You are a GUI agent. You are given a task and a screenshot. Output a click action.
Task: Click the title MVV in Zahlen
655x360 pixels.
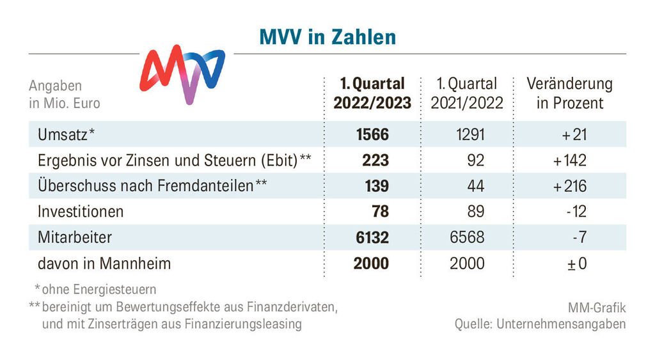tap(327, 36)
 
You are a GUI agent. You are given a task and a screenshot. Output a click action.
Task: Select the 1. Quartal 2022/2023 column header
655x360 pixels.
tap(372, 93)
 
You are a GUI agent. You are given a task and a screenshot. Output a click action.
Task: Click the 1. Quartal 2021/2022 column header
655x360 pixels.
tap(467, 93)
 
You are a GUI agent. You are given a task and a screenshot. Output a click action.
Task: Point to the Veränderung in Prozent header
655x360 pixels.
tap(569, 93)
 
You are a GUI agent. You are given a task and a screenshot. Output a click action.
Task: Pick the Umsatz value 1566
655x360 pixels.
tap(372, 134)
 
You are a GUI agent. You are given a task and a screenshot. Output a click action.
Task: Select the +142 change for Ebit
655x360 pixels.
tap(570, 160)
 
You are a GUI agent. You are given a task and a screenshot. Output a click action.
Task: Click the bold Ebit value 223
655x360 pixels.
tap(375, 160)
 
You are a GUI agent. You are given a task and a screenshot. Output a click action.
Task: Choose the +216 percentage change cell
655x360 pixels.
tap(570, 185)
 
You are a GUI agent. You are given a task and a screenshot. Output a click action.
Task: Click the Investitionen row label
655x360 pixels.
tap(81, 211)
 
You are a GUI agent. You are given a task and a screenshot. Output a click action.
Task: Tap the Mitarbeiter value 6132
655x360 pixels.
tap(372, 237)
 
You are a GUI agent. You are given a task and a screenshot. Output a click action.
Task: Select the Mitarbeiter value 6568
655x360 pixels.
tap(467, 237)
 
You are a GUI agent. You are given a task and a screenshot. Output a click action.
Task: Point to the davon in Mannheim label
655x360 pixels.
tap(104, 263)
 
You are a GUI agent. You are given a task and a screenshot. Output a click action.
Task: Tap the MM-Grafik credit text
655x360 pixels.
tap(596, 308)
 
